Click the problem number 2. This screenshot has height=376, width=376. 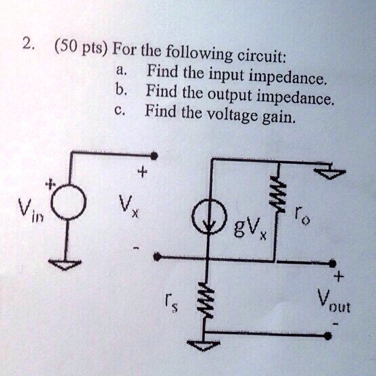pos(26,45)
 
